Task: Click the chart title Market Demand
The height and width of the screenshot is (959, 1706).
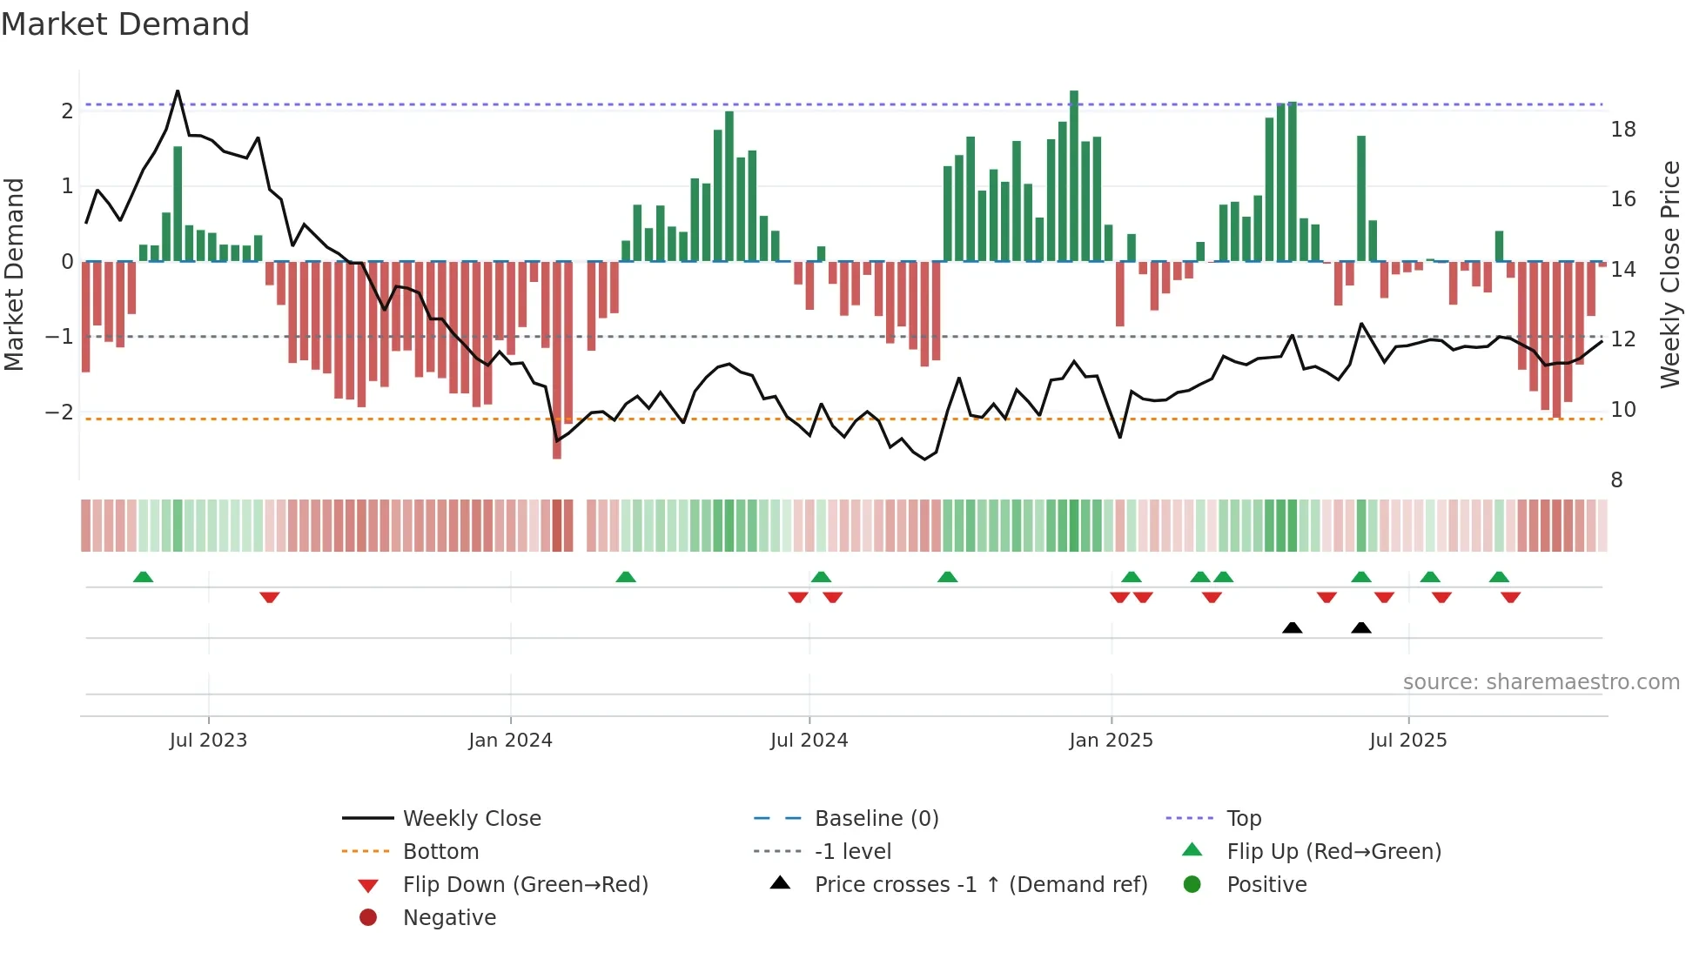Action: [x=125, y=24]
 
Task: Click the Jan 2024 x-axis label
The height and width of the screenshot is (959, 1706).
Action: [x=510, y=741]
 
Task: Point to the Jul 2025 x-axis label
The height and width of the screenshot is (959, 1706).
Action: [x=1407, y=741]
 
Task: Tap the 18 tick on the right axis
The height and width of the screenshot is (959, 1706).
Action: [x=1623, y=130]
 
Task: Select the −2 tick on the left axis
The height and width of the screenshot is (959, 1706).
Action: [x=60, y=412]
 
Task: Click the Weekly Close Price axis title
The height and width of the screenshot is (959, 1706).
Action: [x=1670, y=274]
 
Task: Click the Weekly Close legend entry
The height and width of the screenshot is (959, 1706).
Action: [x=471, y=819]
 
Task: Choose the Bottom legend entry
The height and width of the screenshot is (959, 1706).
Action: [x=440, y=852]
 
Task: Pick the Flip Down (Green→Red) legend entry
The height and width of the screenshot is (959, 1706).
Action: [x=525, y=885]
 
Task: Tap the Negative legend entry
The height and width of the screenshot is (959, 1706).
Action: [x=449, y=918]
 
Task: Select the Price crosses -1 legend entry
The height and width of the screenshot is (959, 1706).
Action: [x=980, y=885]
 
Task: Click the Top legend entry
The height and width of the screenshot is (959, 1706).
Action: [x=1243, y=819]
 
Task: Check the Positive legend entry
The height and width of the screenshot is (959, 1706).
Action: [x=1266, y=885]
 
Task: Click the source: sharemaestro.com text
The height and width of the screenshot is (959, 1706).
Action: [x=1541, y=682]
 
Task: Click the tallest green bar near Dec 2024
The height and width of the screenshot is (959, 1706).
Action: [x=1074, y=174]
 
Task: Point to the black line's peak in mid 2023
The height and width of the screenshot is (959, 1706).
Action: [x=178, y=91]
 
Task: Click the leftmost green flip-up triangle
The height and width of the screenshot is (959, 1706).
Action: [x=144, y=577]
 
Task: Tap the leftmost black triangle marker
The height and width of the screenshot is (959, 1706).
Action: [x=1293, y=627]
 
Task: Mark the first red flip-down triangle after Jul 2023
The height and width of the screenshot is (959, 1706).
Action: [x=270, y=597]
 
